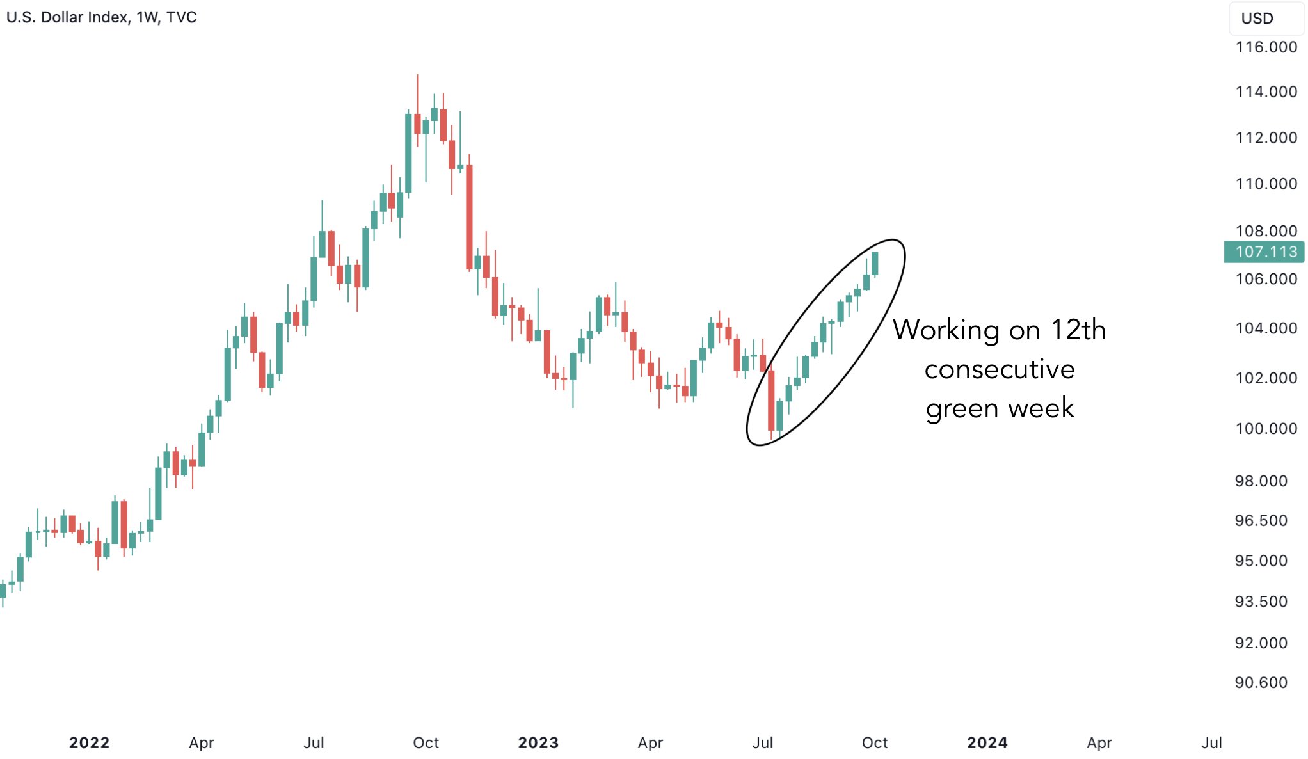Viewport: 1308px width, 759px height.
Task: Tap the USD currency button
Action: click(x=1257, y=19)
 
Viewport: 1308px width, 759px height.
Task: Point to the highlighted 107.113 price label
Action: click(x=1265, y=252)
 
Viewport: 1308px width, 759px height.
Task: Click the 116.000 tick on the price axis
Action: click(x=1265, y=47)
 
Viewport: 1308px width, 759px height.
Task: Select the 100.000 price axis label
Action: click(x=1265, y=428)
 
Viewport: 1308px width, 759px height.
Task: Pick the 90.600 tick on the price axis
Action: click(x=1261, y=682)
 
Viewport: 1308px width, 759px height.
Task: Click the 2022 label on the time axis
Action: click(x=89, y=742)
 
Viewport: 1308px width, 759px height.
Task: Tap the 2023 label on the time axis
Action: click(x=538, y=742)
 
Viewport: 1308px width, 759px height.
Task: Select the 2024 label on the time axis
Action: click(x=987, y=742)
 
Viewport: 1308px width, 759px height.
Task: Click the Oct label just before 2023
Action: click(x=426, y=742)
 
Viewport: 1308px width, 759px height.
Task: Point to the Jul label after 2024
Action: click(x=1211, y=742)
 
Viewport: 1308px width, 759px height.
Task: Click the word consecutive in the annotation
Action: click(x=1000, y=369)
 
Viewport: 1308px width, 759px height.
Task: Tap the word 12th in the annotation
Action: click(x=1078, y=330)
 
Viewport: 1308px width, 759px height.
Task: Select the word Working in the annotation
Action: click(x=946, y=330)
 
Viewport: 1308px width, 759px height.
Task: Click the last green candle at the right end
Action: click(x=875, y=264)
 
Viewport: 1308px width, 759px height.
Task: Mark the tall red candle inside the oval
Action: click(x=771, y=400)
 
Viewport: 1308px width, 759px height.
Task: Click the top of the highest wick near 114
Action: click(x=417, y=76)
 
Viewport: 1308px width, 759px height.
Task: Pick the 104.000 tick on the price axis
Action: click(x=1265, y=328)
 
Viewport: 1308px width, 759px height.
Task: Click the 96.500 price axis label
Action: click(x=1261, y=520)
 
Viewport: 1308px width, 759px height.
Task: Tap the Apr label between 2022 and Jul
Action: click(x=202, y=742)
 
